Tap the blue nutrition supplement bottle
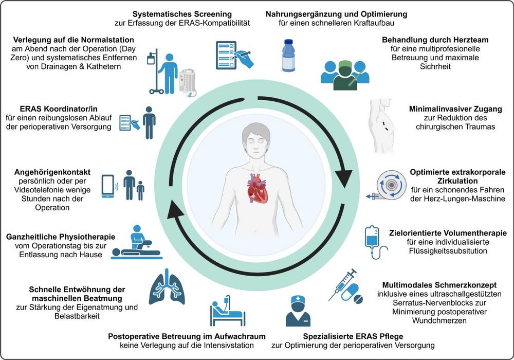pyautogui.click(x=288, y=55)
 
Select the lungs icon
pyautogui.click(x=167, y=287)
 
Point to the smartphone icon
pyautogui.click(x=108, y=186)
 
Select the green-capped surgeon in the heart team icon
pyautogui.click(x=345, y=75)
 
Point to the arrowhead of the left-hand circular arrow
pyautogui.click(x=176, y=209)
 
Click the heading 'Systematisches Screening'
pyautogui.click(x=182, y=14)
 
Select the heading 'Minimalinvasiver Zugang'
pyautogui.click(x=455, y=109)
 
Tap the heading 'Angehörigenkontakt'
pyautogui.click(x=52, y=172)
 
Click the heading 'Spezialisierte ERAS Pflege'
pyautogui.click(x=353, y=336)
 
